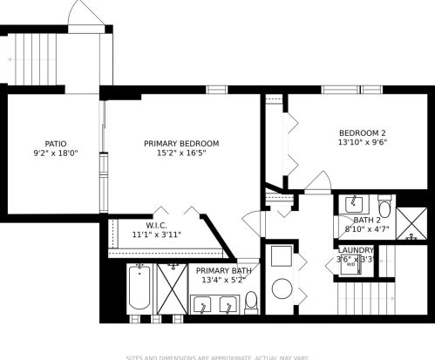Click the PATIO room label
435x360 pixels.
click(x=56, y=144)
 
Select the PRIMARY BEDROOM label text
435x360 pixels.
click(x=181, y=143)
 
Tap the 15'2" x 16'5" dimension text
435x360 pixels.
click(x=181, y=153)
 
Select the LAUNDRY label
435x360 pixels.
click(x=357, y=250)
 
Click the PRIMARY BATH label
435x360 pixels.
click(x=223, y=271)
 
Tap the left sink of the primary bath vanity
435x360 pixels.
click(x=203, y=305)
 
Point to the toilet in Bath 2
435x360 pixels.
click(x=384, y=202)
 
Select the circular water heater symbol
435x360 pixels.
click(x=282, y=289)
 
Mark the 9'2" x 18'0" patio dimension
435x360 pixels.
click(x=56, y=154)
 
